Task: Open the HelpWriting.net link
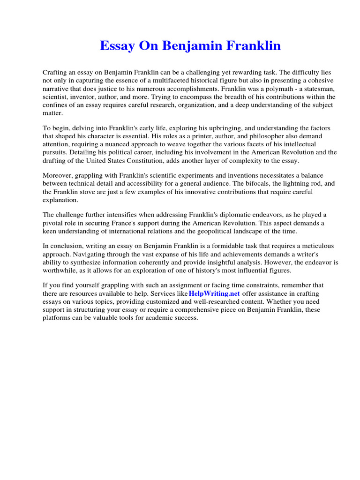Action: point(214,294)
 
